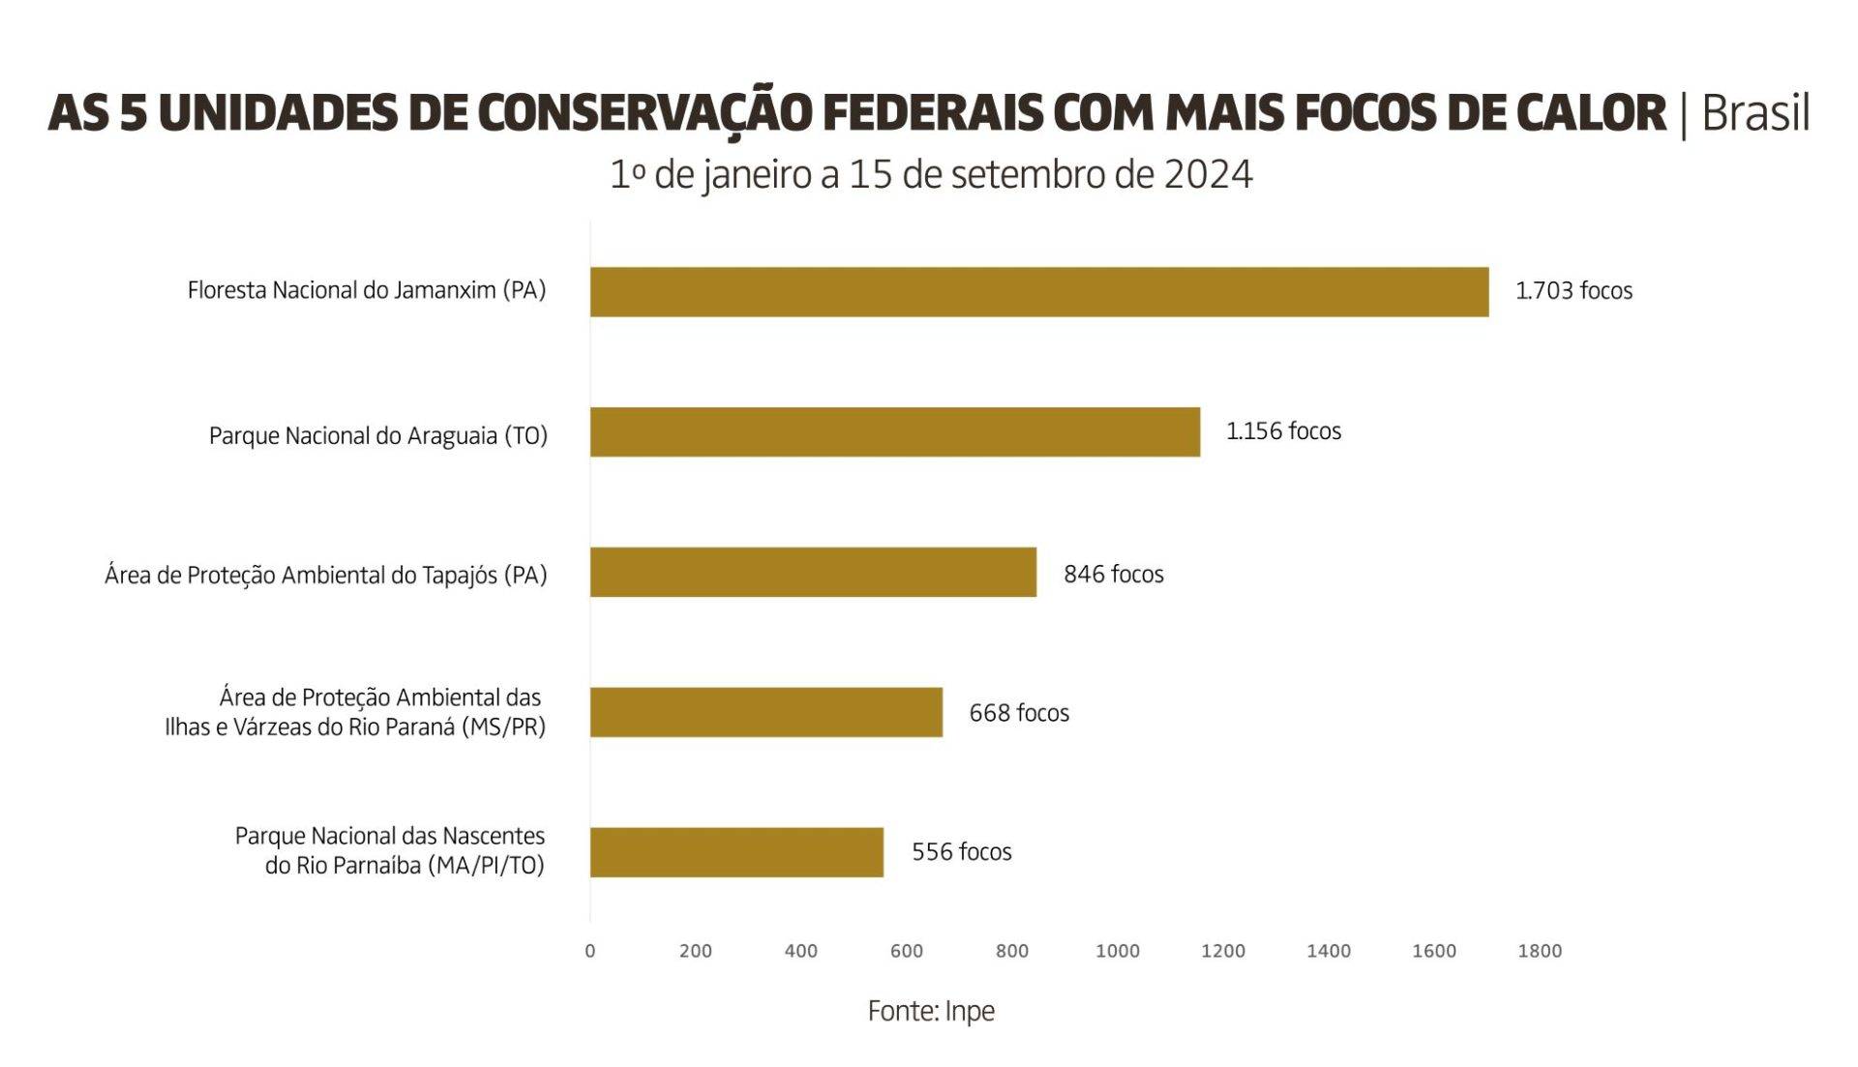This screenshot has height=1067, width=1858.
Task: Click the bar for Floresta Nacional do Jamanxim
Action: click(1038, 291)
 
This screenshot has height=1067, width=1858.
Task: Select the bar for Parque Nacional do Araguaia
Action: click(894, 431)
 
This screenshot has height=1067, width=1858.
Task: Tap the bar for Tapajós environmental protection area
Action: click(813, 572)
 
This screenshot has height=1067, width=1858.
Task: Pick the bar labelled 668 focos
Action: click(765, 712)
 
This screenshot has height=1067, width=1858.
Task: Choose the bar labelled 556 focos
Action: click(736, 851)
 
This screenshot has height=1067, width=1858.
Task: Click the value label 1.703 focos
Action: click(1573, 291)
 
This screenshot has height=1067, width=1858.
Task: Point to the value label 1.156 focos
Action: click(1283, 431)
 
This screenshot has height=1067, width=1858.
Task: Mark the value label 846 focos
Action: click(1113, 575)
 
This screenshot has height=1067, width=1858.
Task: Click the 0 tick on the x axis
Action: click(590, 951)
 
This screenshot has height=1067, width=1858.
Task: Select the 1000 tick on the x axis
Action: click(1118, 951)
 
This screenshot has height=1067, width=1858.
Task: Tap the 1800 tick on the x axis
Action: click(1540, 951)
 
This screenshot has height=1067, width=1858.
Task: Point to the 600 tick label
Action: click(907, 951)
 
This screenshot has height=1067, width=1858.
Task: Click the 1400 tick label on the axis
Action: click(1329, 951)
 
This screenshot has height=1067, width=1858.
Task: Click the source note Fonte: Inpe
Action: click(931, 1011)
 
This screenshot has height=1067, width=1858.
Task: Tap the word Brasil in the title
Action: click(1755, 113)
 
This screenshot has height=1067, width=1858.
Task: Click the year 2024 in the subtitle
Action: click(1208, 175)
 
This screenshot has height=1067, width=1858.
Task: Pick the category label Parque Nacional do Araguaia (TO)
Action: click(378, 436)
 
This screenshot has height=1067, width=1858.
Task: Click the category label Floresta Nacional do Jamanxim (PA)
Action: click(367, 290)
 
